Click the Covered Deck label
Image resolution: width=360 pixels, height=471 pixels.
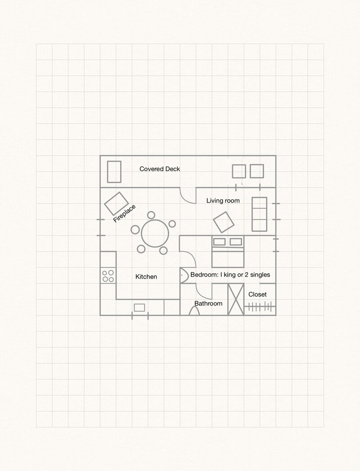(x=160, y=169)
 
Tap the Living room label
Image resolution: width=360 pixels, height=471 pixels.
(x=223, y=201)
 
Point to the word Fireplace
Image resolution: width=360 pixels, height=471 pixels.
(x=124, y=214)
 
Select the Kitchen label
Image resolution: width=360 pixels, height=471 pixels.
(x=146, y=277)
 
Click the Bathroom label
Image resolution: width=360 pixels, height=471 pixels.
(x=208, y=303)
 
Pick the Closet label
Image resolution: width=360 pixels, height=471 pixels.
(x=257, y=294)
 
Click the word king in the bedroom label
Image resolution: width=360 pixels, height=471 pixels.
(x=229, y=274)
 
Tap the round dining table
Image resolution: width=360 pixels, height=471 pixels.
(x=155, y=233)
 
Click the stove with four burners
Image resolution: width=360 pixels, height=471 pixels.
(x=108, y=276)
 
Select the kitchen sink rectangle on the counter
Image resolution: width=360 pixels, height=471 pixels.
(x=139, y=308)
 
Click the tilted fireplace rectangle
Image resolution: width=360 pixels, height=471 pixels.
(x=116, y=204)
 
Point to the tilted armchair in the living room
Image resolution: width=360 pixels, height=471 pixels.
(x=224, y=222)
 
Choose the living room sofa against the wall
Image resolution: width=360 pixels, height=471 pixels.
(x=259, y=214)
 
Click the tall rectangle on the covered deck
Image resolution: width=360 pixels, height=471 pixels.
(x=114, y=171)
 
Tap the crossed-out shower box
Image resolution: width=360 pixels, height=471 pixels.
(x=236, y=299)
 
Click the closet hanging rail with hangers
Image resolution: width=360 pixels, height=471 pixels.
(x=260, y=307)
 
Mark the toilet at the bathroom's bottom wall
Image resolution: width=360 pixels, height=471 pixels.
(x=194, y=311)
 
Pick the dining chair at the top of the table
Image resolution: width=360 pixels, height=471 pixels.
(x=151, y=215)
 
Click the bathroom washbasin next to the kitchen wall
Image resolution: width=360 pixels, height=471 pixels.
(x=184, y=275)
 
